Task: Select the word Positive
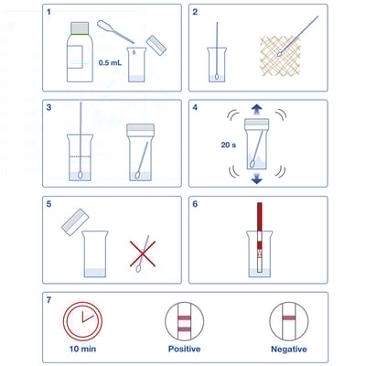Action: (x=184, y=349)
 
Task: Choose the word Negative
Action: (x=289, y=349)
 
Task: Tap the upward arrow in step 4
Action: (x=254, y=109)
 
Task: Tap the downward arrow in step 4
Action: (x=254, y=179)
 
